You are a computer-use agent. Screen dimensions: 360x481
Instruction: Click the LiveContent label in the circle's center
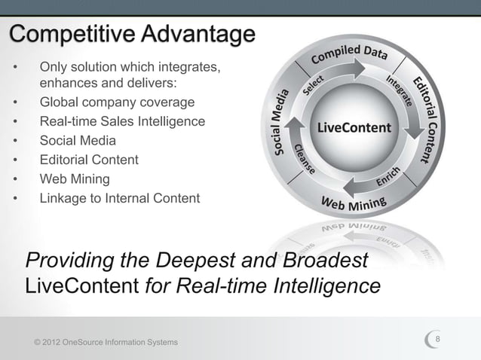click(354, 127)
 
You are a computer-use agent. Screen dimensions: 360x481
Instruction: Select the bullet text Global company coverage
click(117, 102)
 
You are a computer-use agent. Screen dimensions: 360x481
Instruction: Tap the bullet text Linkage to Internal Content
click(120, 199)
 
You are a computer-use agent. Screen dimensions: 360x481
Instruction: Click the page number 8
click(448, 341)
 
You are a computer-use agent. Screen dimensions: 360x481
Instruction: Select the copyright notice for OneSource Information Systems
click(106, 343)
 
